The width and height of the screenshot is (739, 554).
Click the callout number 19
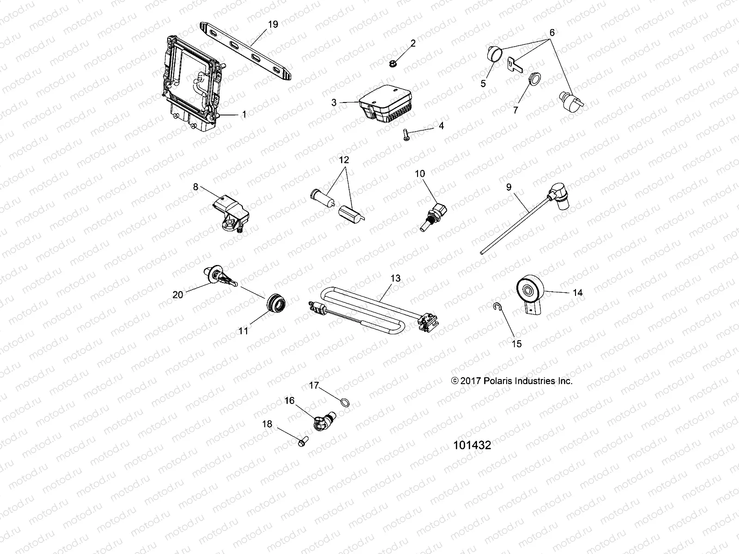(x=273, y=24)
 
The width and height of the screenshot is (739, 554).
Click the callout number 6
(x=552, y=33)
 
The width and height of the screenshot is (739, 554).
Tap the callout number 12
(x=344, y=160)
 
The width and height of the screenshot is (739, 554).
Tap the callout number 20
(x=178, y=294)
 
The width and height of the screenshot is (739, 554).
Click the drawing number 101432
(x=472, y=446)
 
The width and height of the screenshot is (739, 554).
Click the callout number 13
(x=395, y=278)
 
